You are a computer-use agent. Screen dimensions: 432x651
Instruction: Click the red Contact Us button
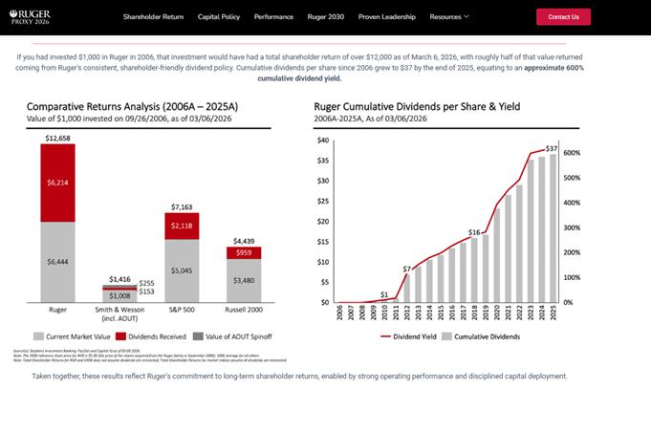(x=563, y=16)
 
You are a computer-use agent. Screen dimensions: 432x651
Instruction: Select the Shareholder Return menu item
(x=153, y=16)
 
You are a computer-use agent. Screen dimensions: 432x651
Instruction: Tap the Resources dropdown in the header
(x=449, y=16)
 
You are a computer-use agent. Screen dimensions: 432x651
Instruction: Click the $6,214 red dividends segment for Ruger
(x=57, y=182)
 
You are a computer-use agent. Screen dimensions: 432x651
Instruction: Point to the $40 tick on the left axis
(x=322, y=140)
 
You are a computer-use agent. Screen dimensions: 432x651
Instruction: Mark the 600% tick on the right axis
(x=572, y=153)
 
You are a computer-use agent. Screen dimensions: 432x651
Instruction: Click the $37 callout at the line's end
(x=551, y=148)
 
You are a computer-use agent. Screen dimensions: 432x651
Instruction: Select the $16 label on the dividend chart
(x=473, y=232)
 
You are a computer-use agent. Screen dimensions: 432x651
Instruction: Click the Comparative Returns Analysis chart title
(x=119, y=106)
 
